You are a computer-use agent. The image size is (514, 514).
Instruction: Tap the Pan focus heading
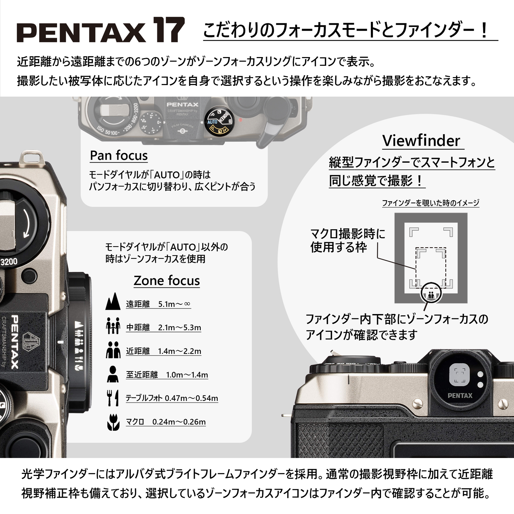point(119,155)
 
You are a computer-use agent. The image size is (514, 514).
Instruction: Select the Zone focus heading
point(167,281)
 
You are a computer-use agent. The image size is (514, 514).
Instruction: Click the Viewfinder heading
point(421,141)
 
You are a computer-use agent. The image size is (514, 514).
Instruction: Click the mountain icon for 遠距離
point(113,302)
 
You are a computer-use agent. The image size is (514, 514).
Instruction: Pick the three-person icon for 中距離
point(113,326)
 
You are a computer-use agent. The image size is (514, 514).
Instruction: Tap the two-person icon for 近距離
point(113,350)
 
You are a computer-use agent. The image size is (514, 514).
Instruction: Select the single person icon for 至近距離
point(113,374)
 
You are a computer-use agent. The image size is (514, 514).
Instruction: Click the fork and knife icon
point(113,398)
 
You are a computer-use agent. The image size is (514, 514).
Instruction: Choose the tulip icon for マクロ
point(113,422)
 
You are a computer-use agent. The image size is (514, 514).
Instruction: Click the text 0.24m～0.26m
point(179,422)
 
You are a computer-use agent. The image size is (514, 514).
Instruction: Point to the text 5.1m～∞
point(174,304)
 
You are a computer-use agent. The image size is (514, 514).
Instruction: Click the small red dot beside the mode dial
point(241,120)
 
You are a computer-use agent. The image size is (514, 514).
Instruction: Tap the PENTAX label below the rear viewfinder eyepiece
point(460,396)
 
